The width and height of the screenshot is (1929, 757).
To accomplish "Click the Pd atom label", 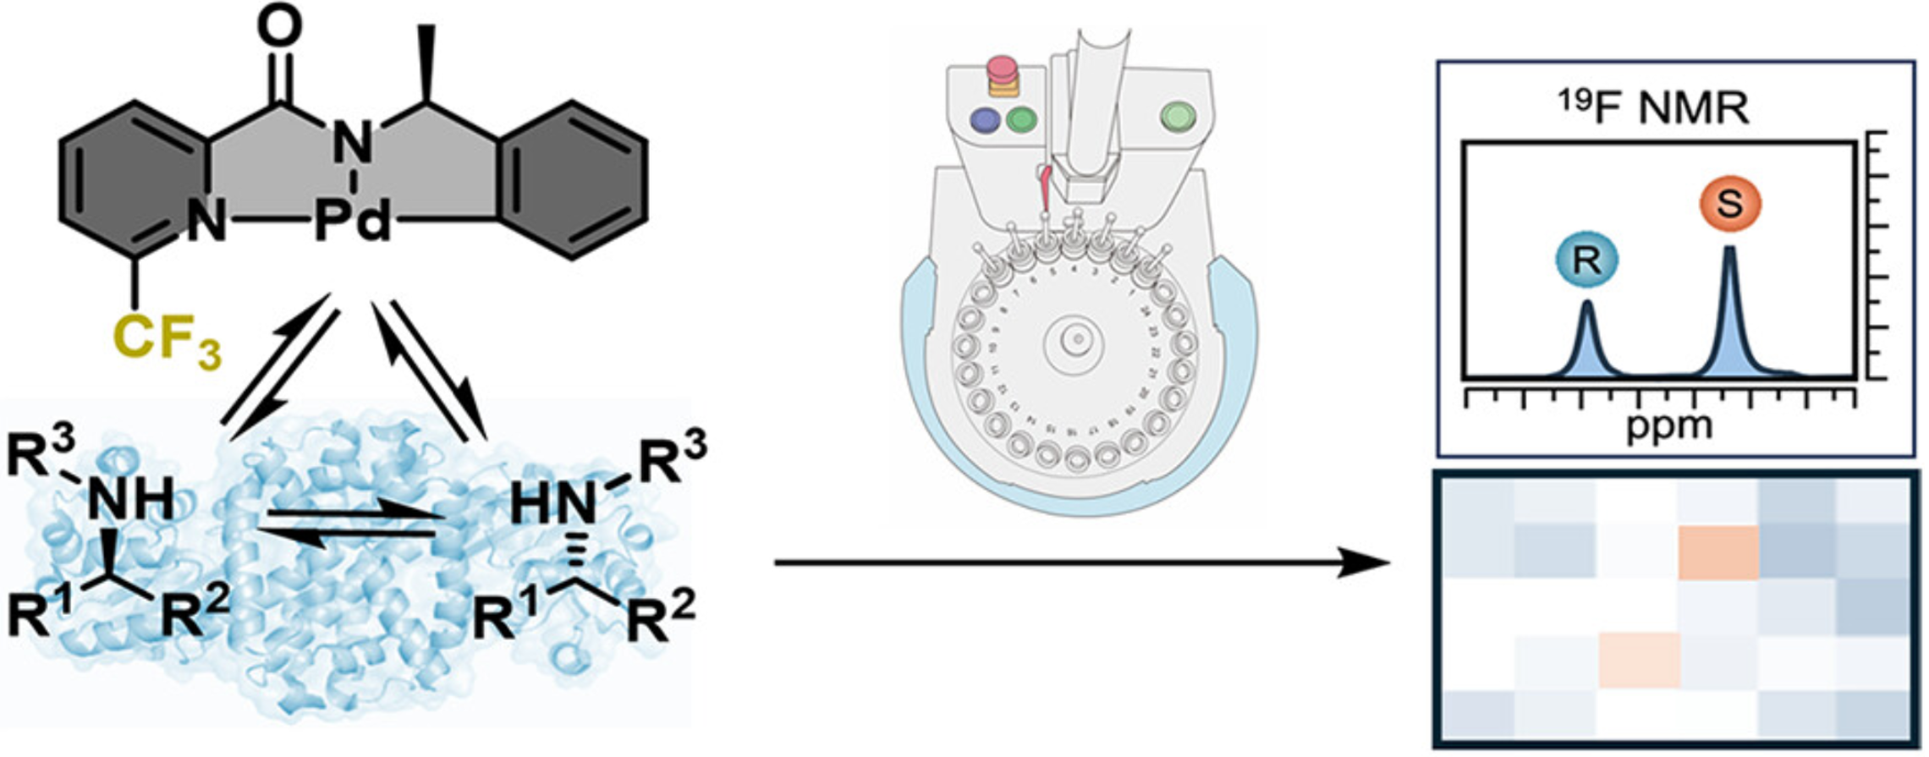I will (x=354, y=223).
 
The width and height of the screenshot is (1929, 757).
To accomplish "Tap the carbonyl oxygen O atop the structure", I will (x=278, y=28).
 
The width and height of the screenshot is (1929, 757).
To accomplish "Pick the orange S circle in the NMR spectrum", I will (x=1730, y=204).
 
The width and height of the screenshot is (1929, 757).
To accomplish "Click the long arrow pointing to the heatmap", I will (x=1083, y=562).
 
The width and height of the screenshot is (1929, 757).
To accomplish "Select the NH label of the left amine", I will (x=130, y=499).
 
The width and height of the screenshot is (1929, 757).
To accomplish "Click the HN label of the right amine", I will (x=555, y=507).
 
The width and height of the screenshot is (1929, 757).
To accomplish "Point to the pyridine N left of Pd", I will (x=207, y=223).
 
